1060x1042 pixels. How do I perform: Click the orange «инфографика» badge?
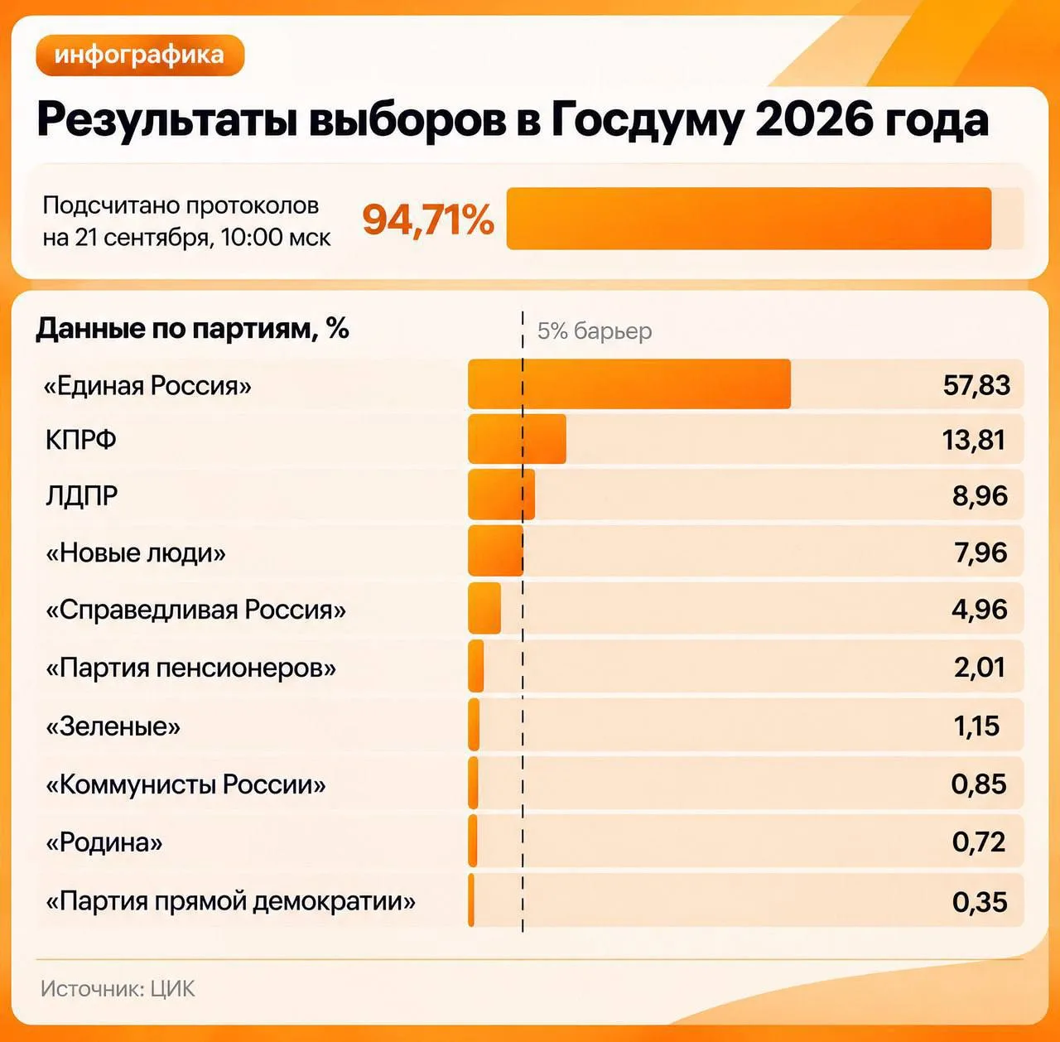point(140,55)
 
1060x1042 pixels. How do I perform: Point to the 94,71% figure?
point(428,219)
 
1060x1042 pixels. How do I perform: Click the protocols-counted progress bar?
point(749,219)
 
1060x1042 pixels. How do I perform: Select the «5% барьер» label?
point(595,330)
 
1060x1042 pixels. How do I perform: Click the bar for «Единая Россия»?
point(629,384)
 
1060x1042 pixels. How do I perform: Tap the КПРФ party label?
point(81,440)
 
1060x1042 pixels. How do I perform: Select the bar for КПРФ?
point(517,439)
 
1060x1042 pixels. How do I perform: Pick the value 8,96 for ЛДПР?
point(980,495)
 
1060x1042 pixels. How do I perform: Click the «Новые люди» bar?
point(495,551)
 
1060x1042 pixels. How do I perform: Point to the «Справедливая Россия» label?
point(195,610)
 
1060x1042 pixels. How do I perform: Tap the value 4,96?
point(980,610)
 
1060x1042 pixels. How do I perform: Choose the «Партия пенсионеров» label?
point(190,668)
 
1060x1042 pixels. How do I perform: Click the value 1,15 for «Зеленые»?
point(976,726)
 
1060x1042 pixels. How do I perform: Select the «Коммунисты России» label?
point(185,784)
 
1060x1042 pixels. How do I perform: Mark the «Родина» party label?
point(104,842)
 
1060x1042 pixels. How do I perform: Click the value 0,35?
point(980,902)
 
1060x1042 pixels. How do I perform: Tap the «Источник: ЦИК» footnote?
point(118,989)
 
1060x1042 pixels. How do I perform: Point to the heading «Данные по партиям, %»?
point(192,329)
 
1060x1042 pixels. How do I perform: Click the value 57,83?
point(977,385)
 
